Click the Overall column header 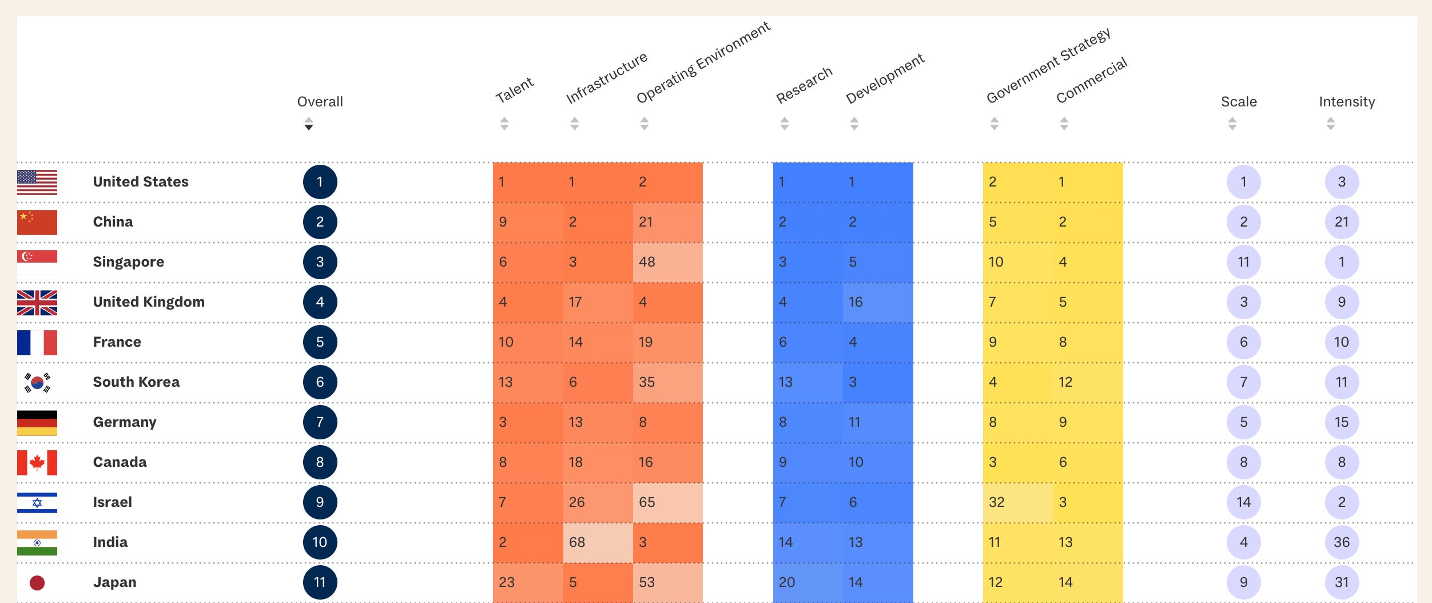[x=320, y=102]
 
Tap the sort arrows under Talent [x=504, y=124]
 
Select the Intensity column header [x=1346, y=102]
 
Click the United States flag [x=37, y=183]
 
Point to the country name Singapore [x=128, y=262]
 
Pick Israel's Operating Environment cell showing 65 [x=667, y=502]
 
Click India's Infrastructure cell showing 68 [x=598, y=542]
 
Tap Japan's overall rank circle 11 [x=320, y=582]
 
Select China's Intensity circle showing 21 [x=1342, y=222]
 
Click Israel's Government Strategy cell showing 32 [x=1017, y=502]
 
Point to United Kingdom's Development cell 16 [x=877, y=302]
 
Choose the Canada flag [x=37, y=463]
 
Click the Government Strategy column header [x=1048, y=66]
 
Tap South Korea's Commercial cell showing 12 [x=1087, y=382]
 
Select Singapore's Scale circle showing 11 [x=1243, y=262]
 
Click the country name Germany [x=124, y=422]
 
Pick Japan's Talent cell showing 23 [x=527, y=582]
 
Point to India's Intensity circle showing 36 [x=1342, y=542]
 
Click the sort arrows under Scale [x=1232, y=124]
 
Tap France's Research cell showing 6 [x=807, y=342]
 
